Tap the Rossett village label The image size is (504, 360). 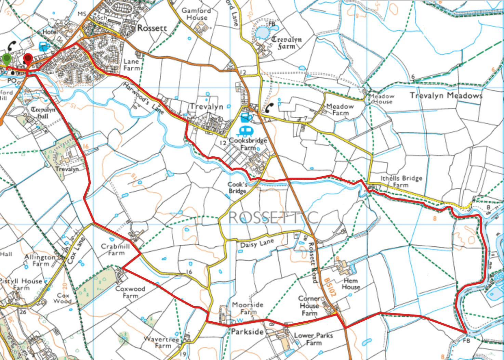pos(152,28)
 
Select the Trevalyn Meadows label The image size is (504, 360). pos(446,96)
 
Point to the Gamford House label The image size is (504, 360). pos(196,14)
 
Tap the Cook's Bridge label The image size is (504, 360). pos(237,188)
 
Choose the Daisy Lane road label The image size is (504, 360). pos(257,244)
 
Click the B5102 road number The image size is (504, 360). pos(330,287)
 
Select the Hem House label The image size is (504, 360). pos(351,284)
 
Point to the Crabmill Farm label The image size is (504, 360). pos(116,249)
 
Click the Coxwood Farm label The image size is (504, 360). pos(130,292)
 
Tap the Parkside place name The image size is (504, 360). pos(247,332)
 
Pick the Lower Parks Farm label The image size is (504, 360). pos(313,339)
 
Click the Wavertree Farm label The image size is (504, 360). pos(162,342)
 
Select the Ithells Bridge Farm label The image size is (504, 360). pos(401,181)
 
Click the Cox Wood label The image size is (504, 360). pos(63,298)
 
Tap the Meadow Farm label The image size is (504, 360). pos(340,109)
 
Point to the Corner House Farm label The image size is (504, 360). pos(309,306)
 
